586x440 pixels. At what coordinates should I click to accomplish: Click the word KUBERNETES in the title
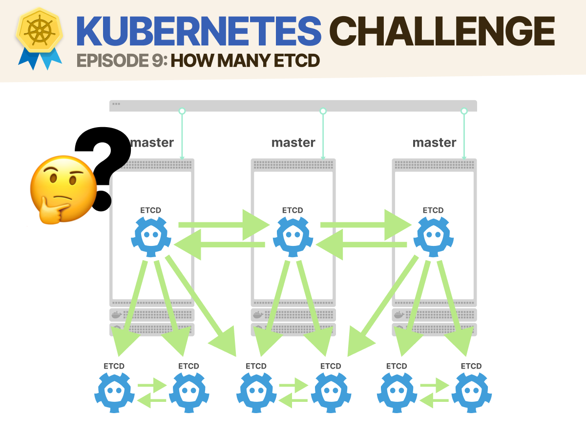pos(199,30)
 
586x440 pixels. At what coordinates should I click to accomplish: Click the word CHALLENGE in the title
pos(444,30)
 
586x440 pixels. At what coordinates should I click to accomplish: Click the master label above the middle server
pos(293,143)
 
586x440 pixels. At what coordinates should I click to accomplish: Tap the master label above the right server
pos(434,143)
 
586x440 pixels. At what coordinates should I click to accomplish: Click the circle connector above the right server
pos(464,111)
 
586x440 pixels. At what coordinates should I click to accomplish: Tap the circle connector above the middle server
pos(322,111)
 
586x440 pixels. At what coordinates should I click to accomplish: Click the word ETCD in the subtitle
pos(293,61)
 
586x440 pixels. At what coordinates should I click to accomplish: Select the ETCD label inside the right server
pos(433,210)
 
